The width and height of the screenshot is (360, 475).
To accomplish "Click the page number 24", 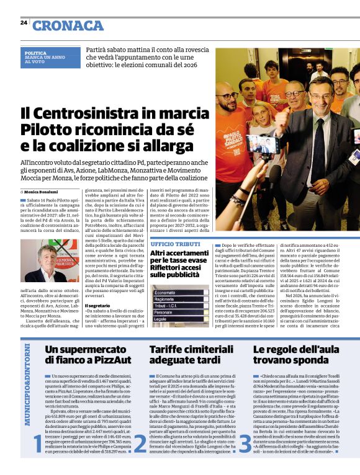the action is tap(24, 23).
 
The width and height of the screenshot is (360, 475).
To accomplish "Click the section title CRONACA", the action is tap(68, 25).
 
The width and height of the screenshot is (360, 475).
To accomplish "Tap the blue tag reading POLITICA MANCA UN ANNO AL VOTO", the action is tap(45, 58).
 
